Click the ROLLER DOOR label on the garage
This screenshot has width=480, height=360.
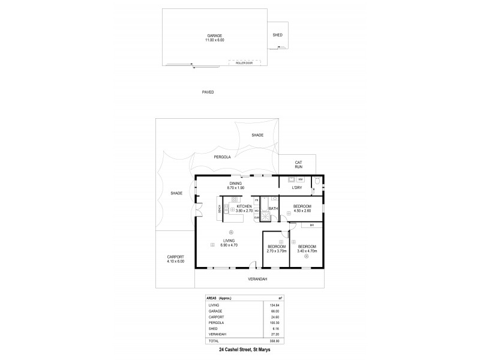(244, 61)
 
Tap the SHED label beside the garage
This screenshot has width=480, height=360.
(277, 35)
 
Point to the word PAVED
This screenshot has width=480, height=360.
(208, 92)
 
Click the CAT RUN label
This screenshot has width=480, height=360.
(298, 164)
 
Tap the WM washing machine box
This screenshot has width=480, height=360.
(300, 179)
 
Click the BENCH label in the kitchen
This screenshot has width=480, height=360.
(220, 209)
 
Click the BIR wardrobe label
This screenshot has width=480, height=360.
(312, 226)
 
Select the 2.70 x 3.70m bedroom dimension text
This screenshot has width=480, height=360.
(276, 251)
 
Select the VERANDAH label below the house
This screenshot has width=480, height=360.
(257, 280)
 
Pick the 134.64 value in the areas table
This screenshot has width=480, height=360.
(275, 306)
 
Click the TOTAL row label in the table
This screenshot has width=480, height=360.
(214, 340)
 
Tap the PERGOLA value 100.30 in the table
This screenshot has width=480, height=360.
(275, 323)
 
